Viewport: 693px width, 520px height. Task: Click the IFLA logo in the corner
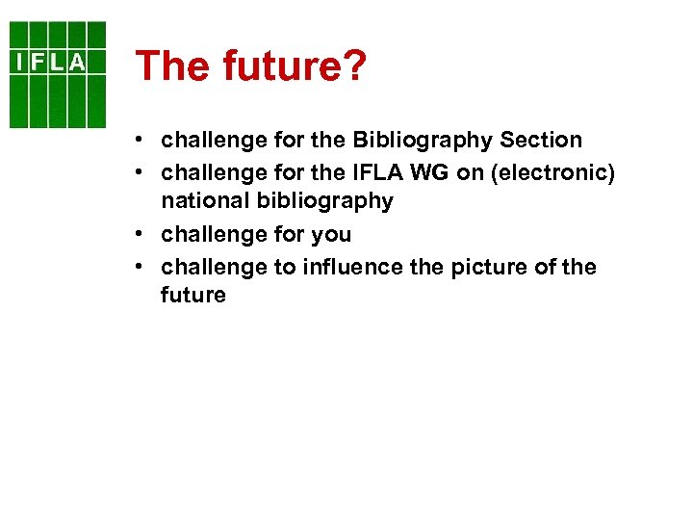click(x=58, y=74)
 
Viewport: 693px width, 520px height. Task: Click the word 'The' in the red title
click(x=172, y=65)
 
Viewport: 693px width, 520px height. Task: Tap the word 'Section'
click(x=541, y=141)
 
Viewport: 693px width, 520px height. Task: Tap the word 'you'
click(x=330, y=234)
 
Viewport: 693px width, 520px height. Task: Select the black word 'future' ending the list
click(x=193, y=296)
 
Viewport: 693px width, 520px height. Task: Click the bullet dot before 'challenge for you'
click(x=141, y=234)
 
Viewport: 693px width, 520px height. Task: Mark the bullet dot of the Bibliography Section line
click(x=141, y=141)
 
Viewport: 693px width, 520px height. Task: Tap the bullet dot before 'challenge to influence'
click(x=141, y=267)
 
